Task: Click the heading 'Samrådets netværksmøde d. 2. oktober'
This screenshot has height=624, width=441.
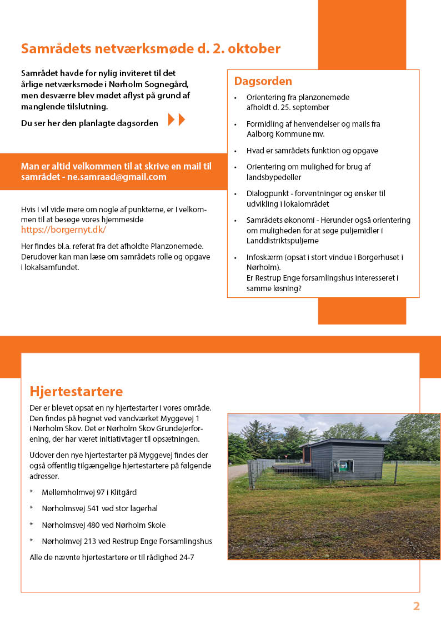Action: [151, 48]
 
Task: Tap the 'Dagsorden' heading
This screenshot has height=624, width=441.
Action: [263, 81]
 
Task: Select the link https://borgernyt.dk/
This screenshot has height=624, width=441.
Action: [63, 229]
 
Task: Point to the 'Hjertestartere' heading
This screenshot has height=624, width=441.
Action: [76, 391]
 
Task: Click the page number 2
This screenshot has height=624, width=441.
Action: [416, 606]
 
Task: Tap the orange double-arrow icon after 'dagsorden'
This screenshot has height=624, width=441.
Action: [176, 119]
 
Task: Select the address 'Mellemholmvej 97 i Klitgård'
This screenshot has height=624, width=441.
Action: [89, 492]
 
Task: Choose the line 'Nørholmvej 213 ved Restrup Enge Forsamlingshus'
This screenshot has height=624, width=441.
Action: [127, 541]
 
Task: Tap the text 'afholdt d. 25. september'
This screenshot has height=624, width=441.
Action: [288, 107]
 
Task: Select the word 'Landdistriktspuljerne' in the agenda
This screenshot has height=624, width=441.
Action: [283, 241]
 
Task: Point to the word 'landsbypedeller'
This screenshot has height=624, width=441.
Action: [275, 177]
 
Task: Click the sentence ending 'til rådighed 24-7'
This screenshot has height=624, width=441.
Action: [112, 557]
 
